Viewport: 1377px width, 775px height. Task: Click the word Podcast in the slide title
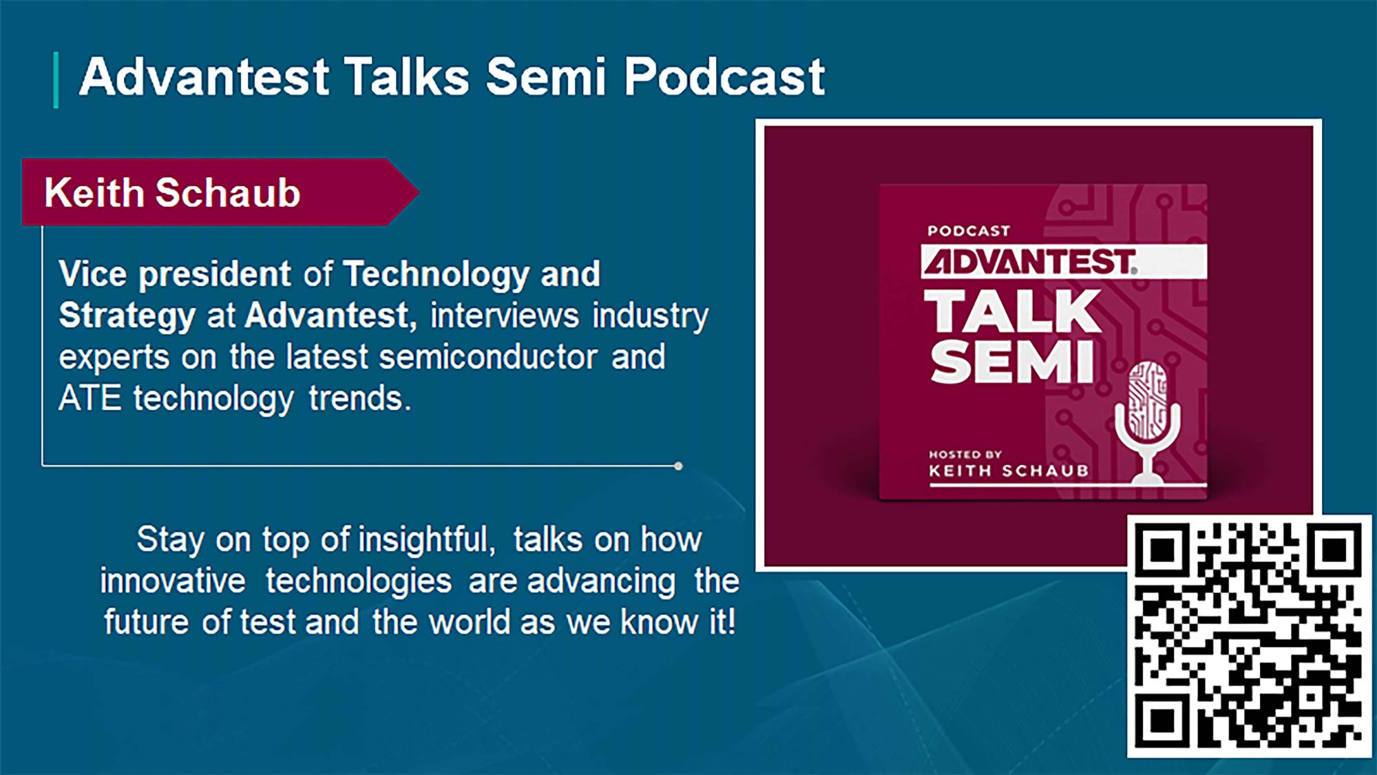[x=724, y=77]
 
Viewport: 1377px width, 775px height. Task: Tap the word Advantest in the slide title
[x=204, y=77]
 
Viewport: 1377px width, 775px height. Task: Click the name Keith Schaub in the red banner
[x=172, y=192]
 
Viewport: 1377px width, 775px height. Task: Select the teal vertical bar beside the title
[x=56, y=80]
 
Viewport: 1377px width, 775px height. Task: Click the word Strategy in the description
[x=127, y=316]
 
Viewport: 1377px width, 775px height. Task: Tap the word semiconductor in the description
[x=488, y=358]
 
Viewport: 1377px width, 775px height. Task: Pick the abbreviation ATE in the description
[x=90, y=398]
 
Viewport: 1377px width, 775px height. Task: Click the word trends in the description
[x=359, y=398]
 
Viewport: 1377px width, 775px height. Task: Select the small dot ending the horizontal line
[x=678, y=466]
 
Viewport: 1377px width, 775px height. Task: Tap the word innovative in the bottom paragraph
[x=173, y=581]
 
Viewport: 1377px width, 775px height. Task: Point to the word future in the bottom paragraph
[x=147, y=622]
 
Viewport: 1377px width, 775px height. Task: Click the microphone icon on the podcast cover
[x=1147, y=420]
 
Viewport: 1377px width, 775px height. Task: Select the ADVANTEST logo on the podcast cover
[x=1029, y=262]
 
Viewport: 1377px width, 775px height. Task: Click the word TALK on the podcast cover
[x=1012, y=311]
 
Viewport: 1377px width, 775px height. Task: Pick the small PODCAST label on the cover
[x=968, y=231]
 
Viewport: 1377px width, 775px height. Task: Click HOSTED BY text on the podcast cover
[x=965, y=455]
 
